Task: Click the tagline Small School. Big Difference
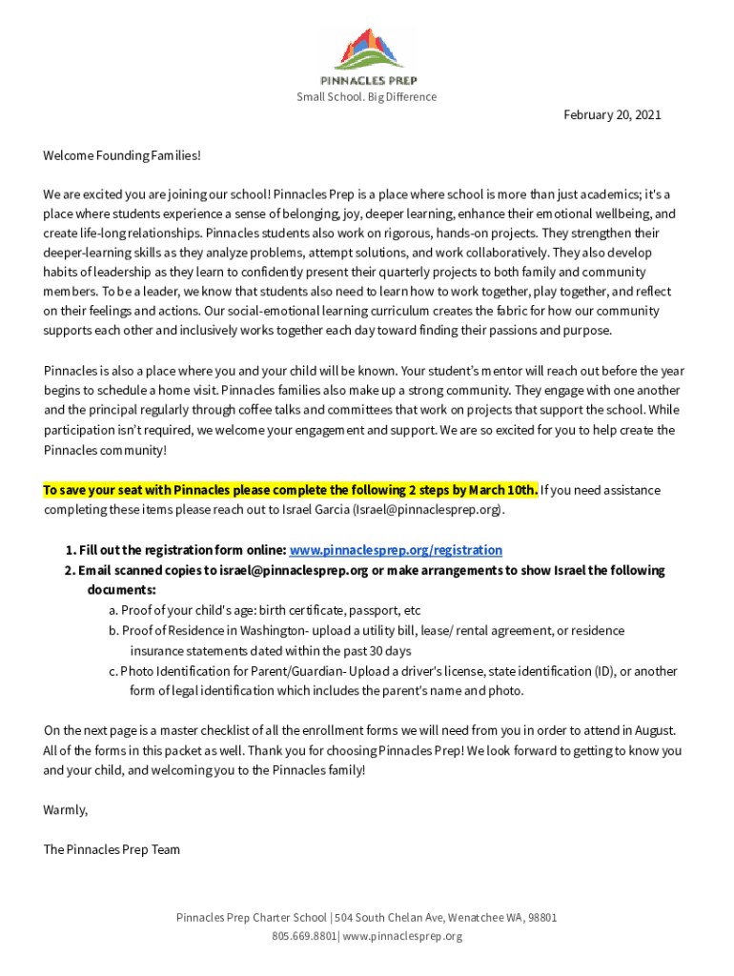pyautogui.click(x=366, y=97)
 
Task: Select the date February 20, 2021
pyautogui.click(x=612, y=115)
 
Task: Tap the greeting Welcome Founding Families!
pyautogui.click(x=122, y=154)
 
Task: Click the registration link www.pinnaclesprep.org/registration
pyautogui.click(x=396, y=550)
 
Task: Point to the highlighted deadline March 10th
pyautogui.click(x=507, y=490)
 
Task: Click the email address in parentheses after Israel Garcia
pyautogui.click(x=427, y=510)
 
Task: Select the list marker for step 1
pyautogui.click(x=71, y=550)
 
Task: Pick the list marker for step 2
pyautogui.click(x=70, y=570)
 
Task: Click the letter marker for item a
pyautogui.click(x=112, y=610)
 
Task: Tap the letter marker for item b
pyautogui.click(x=112, y=630)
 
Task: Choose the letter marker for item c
pyautogui.click(x=112, y=671)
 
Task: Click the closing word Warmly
pyautogui.click(x=66, y=809)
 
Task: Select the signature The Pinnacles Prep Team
pyautogui.click(x=112, y=849)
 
